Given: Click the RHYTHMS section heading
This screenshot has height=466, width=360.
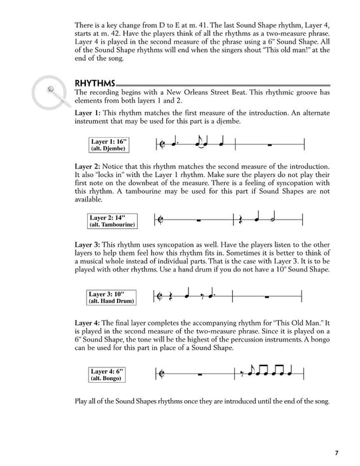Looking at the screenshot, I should [x=95, y=83].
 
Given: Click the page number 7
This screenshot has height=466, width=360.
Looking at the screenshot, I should [x=337, y=453].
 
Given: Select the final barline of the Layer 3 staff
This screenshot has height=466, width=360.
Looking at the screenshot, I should [x=303, y=297].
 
